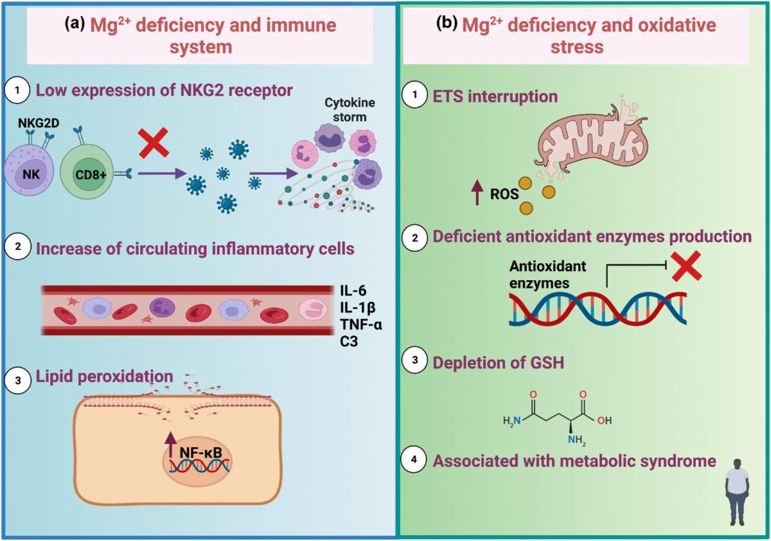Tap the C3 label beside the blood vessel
point(350,341)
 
